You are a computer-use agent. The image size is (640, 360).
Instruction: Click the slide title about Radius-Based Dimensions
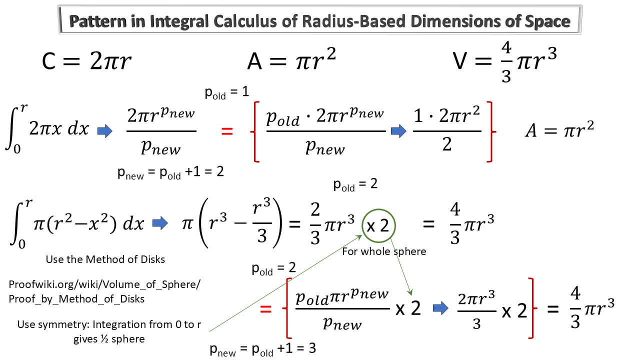(x=320, y=21)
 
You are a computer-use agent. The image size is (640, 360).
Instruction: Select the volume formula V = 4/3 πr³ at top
(x=505, y=62)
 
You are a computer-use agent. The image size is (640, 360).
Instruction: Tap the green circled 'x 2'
(x=378, y=225)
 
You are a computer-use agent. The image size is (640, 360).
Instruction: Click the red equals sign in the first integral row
(x=227, y=131)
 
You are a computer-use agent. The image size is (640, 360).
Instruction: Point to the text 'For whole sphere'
(x=384, y=251)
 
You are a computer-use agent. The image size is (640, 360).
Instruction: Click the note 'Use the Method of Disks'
(x=105, y=259)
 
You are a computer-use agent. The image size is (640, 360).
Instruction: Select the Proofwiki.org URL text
(x=105, y=291)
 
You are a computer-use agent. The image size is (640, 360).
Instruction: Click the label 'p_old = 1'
(x=227, y=93)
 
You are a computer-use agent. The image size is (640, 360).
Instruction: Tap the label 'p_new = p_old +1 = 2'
(x=170, y=172)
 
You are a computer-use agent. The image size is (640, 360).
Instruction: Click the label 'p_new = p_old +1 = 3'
(x=263, y=349)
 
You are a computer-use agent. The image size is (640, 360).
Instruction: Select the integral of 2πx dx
(x=47, y=129)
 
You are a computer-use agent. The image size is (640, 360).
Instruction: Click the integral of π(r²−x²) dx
(x=77, y=223)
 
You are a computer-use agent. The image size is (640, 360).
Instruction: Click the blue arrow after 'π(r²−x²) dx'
(x=160, y=223)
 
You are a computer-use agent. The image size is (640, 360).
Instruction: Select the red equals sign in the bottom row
(x=266, y=309)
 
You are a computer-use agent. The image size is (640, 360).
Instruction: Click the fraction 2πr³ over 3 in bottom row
(x=476, y=310)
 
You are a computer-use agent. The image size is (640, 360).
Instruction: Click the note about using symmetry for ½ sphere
(x=109, y=331)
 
